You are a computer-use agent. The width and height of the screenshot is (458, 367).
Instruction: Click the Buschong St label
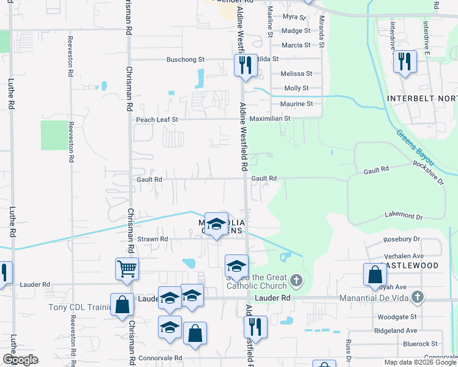(x=186, y=60)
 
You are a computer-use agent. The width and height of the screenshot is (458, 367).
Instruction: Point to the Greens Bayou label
(x=415, y=147)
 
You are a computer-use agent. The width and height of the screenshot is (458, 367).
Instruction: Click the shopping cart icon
(x=127, y=268)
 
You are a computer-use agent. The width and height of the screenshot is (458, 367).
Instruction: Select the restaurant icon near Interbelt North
(x=405, y=61)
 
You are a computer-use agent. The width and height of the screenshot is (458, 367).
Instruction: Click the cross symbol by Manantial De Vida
(x=418, y=298)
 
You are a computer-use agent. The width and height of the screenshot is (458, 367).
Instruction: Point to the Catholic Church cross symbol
(x=296, y=281)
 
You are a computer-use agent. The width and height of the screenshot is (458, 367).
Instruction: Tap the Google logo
(x=20, y=360)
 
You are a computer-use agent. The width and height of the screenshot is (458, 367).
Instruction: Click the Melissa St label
(x=291, y=74)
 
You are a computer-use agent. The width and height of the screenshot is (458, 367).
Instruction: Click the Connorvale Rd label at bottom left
(x=160, y=358)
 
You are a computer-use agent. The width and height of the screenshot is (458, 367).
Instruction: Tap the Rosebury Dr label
(x=401, y=239)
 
